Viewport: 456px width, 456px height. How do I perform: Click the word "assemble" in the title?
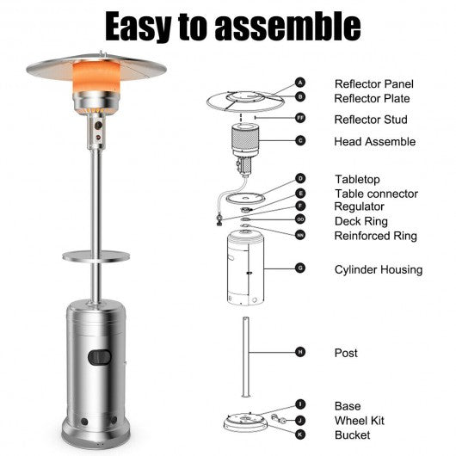click(x=287, y=27)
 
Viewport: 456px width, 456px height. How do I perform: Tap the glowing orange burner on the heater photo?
click(x=96, y=77)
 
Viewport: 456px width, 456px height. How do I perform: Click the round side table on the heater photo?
click(x=96, y=256)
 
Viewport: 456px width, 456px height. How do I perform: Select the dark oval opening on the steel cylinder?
click(x=100, y=357)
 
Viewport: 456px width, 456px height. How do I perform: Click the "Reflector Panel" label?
click(x=373, y=84)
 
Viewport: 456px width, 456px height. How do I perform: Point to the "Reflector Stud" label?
click(x=371, y=120)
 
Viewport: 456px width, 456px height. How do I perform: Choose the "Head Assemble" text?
click(x=375, y=142)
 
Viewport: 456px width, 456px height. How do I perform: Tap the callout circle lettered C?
click(x=300, y=141)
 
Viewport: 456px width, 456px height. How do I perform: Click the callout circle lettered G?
click(x=300, y=268)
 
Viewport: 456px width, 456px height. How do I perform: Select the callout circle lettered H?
click(x=300, y=352)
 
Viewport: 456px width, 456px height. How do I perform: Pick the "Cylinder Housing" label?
click(x=379, y=269)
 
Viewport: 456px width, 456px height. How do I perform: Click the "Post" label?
click(x=346, y=353)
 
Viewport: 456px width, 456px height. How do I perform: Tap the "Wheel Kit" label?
click(x=359, y=421)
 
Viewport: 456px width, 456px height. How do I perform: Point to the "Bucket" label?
click(x=352, y=435)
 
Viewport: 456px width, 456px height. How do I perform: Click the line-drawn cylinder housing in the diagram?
click(x=245, y=268)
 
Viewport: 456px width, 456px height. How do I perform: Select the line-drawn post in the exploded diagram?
click(x=246, y=357)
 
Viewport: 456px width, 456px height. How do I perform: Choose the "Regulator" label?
click(x=359, y=206)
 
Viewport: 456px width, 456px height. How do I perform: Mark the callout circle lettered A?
click(x=300, y=83)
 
